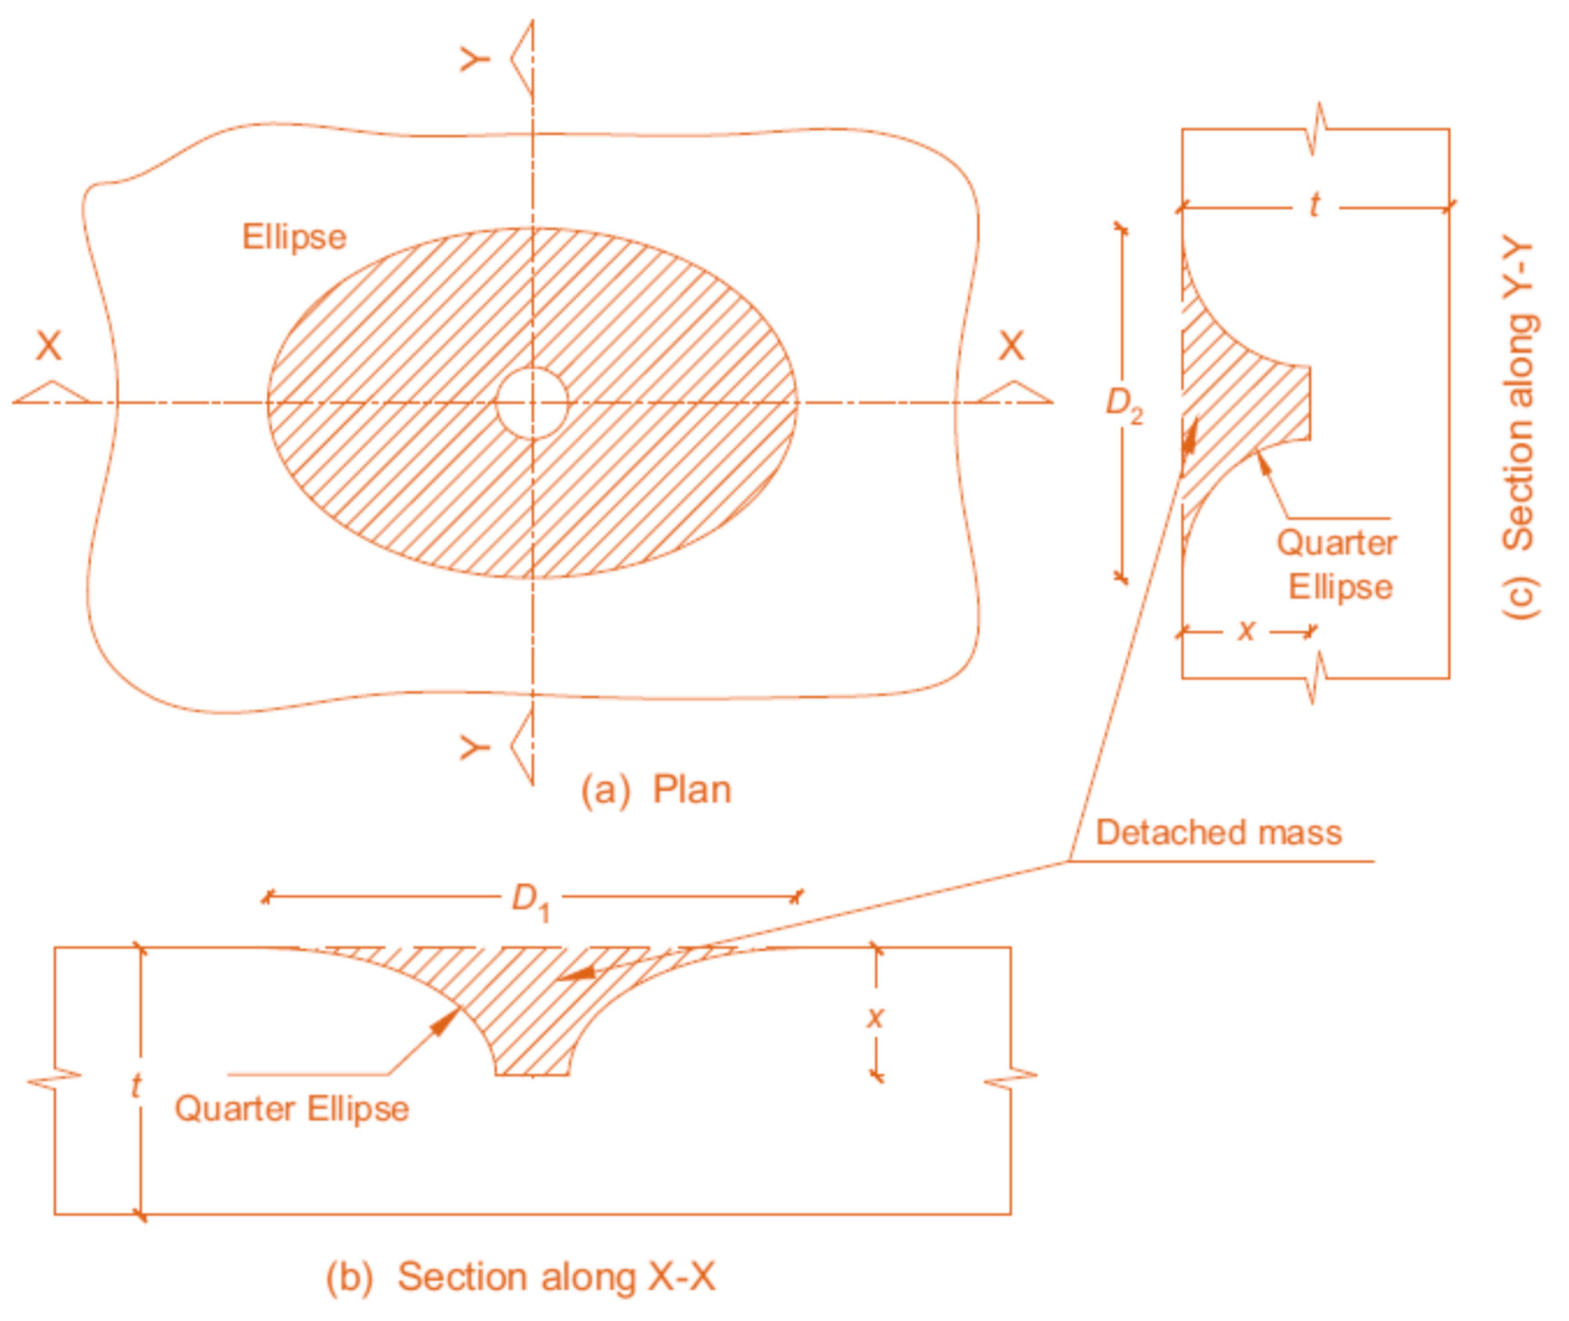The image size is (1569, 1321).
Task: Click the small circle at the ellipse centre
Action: point(533,403)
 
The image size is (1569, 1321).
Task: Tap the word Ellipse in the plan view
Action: point(294,237)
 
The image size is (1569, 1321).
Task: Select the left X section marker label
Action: point(48,346)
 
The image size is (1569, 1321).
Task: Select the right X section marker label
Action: point(1011,346)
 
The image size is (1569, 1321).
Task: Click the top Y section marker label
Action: point(475,60)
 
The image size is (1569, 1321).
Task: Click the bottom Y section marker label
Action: point(475,748)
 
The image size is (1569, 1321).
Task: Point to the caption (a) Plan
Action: point(656,789)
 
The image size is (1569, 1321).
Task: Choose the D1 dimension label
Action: point(530,900)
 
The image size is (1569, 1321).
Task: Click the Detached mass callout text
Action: point(1219,832)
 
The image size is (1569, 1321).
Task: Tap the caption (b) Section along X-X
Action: point(521,1276)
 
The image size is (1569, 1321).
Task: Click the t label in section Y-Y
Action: point(1315,206)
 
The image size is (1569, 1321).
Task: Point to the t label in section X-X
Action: point(135,1084)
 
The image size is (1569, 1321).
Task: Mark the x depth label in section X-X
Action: point(875,1018)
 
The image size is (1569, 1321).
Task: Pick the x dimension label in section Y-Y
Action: point(1247,629)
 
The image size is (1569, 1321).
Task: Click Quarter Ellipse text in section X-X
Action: point(292,1108)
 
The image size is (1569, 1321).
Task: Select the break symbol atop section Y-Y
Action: point(1319,129)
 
